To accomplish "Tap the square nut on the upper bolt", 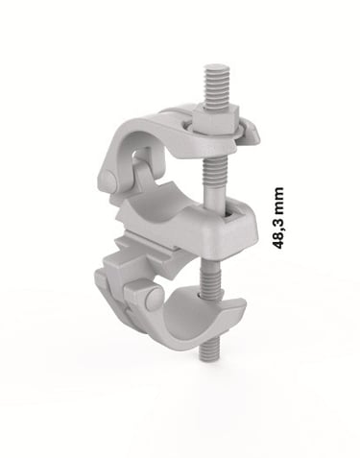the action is point(215,120).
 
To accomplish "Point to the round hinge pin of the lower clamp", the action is point(155,299).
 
